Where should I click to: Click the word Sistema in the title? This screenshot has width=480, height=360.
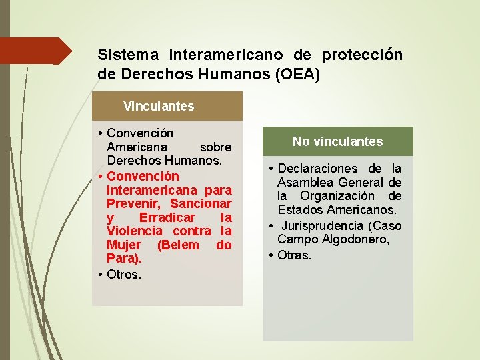click(x=128, y=55)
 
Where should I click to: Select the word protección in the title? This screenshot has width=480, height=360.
click(x=362, y=55)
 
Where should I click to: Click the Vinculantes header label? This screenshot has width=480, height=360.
click(x=159, y=106)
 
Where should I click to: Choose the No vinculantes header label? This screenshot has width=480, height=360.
click(x=337, y=141)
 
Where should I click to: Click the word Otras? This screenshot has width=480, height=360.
click(x=294, y=255)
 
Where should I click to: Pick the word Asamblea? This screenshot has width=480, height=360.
click(x=307, y=183)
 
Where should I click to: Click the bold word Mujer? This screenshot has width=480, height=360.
click(x=124, y=245)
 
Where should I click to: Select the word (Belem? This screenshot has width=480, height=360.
click(x=178, y=245)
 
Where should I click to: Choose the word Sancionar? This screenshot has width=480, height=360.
click(x=201, y=203)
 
